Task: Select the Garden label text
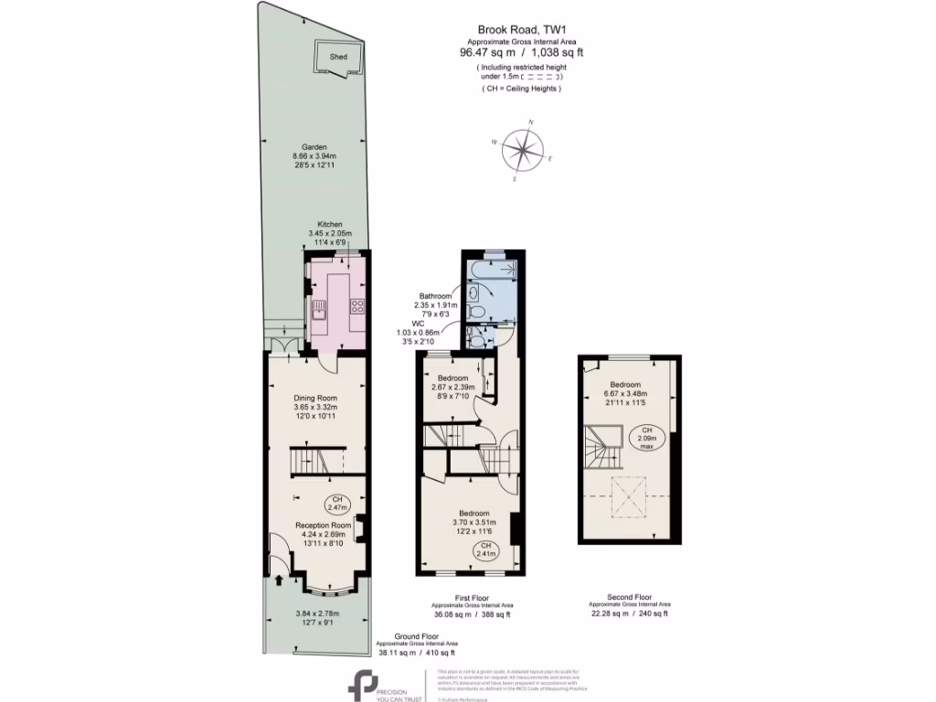pos(314,147)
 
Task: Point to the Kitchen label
pos(329,224)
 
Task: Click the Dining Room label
pos(315,398)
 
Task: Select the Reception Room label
pos(323,526)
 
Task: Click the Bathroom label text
pos(435,296)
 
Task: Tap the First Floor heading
pos(472,597)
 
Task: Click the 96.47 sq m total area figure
pos(488,53)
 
